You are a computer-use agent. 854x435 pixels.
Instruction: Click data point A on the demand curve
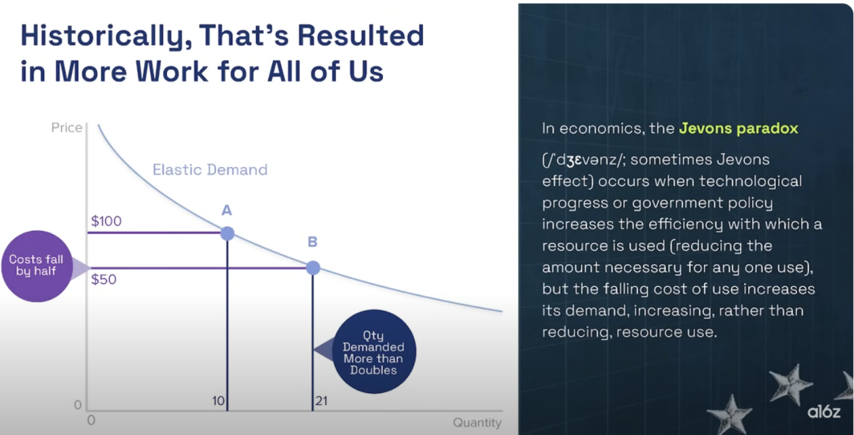227,233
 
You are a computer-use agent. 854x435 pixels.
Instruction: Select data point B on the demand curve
312,268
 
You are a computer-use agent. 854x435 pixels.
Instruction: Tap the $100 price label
106,221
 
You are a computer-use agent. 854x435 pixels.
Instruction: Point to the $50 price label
104,280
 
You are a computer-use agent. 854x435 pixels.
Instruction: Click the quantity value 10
218,402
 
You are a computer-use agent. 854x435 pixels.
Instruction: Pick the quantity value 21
322,402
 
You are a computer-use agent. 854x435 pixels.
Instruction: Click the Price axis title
66,127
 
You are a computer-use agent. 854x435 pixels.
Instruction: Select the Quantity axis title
477,422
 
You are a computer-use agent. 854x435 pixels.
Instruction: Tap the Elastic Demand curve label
210,170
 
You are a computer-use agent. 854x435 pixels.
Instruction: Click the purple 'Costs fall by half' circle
36,266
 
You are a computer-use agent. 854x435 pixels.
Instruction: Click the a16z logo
823,412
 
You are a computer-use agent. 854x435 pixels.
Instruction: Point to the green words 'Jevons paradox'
738,128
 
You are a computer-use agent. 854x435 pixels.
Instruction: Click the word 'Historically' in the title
104,36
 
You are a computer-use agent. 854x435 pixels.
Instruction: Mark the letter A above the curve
227,210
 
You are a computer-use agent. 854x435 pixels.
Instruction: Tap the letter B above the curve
312,242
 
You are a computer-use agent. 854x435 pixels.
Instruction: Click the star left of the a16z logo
785,383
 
